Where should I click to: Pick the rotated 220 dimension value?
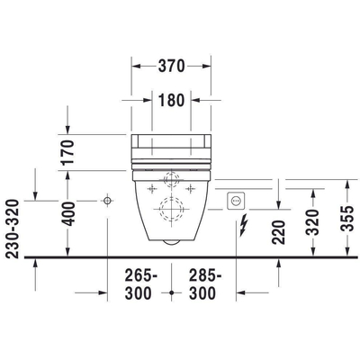click(x=277, y=231)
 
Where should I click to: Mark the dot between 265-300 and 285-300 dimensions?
click(x=172, y=292)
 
